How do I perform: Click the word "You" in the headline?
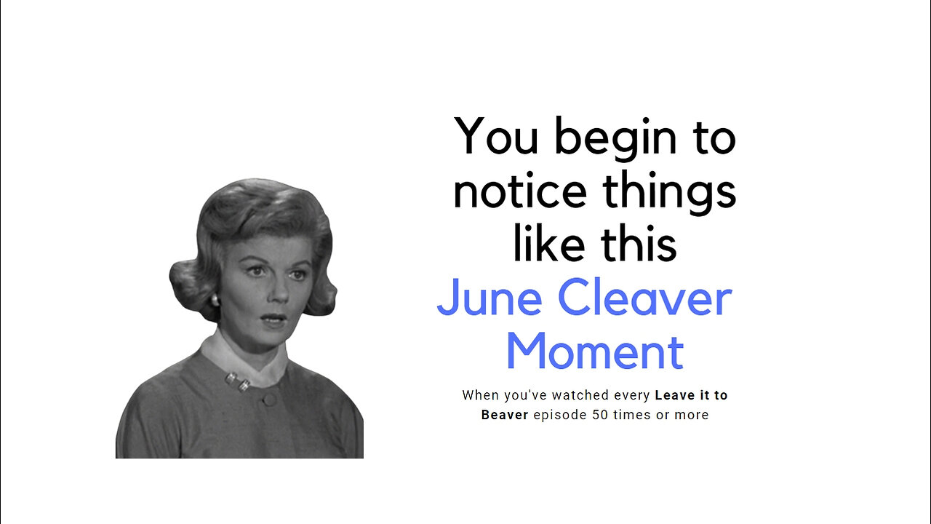[x=496, y=136]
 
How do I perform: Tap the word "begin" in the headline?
[x=618, y=138]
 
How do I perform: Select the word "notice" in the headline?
[x=519, y=191]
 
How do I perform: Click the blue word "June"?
[x=489, y=298]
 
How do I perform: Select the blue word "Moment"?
[x=594, y=352]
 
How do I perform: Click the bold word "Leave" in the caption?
[x=675, y=395]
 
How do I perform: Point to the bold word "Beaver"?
[x=505, y=415]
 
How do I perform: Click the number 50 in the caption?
[x=596, y=415]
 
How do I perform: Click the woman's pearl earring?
[x=215, y=300]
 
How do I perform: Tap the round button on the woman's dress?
[x=269, y=399]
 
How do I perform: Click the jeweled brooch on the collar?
[x=239, y=381]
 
